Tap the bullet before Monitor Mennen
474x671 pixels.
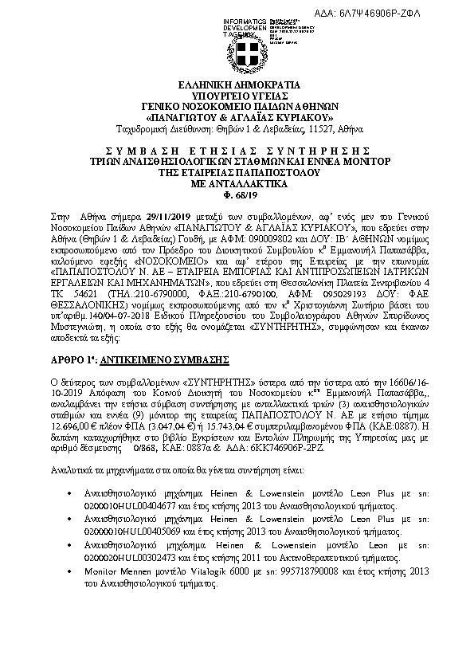pos(72,572)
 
